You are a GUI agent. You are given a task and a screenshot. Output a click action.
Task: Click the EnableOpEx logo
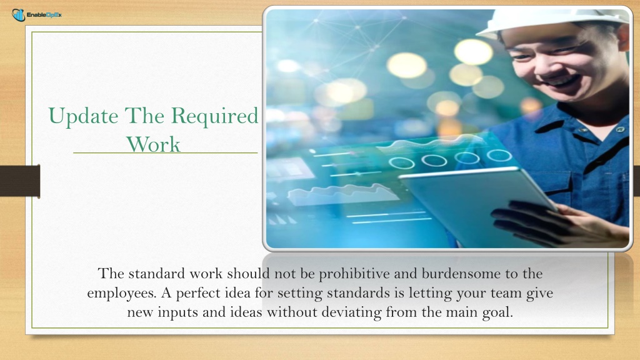37,15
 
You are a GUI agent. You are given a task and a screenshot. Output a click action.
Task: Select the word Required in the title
214,116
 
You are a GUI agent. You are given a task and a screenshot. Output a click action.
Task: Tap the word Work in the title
153,144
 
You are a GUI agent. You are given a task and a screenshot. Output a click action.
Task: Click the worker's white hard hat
551,21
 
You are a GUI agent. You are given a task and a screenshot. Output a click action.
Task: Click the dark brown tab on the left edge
20,181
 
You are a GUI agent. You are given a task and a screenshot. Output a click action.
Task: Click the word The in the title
144,116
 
